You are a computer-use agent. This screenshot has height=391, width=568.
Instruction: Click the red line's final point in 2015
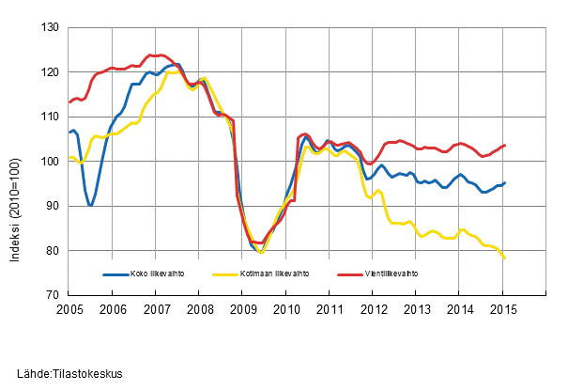505,145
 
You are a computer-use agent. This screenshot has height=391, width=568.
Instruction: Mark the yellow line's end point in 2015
505,258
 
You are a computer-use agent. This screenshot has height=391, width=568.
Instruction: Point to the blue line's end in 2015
505,182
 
